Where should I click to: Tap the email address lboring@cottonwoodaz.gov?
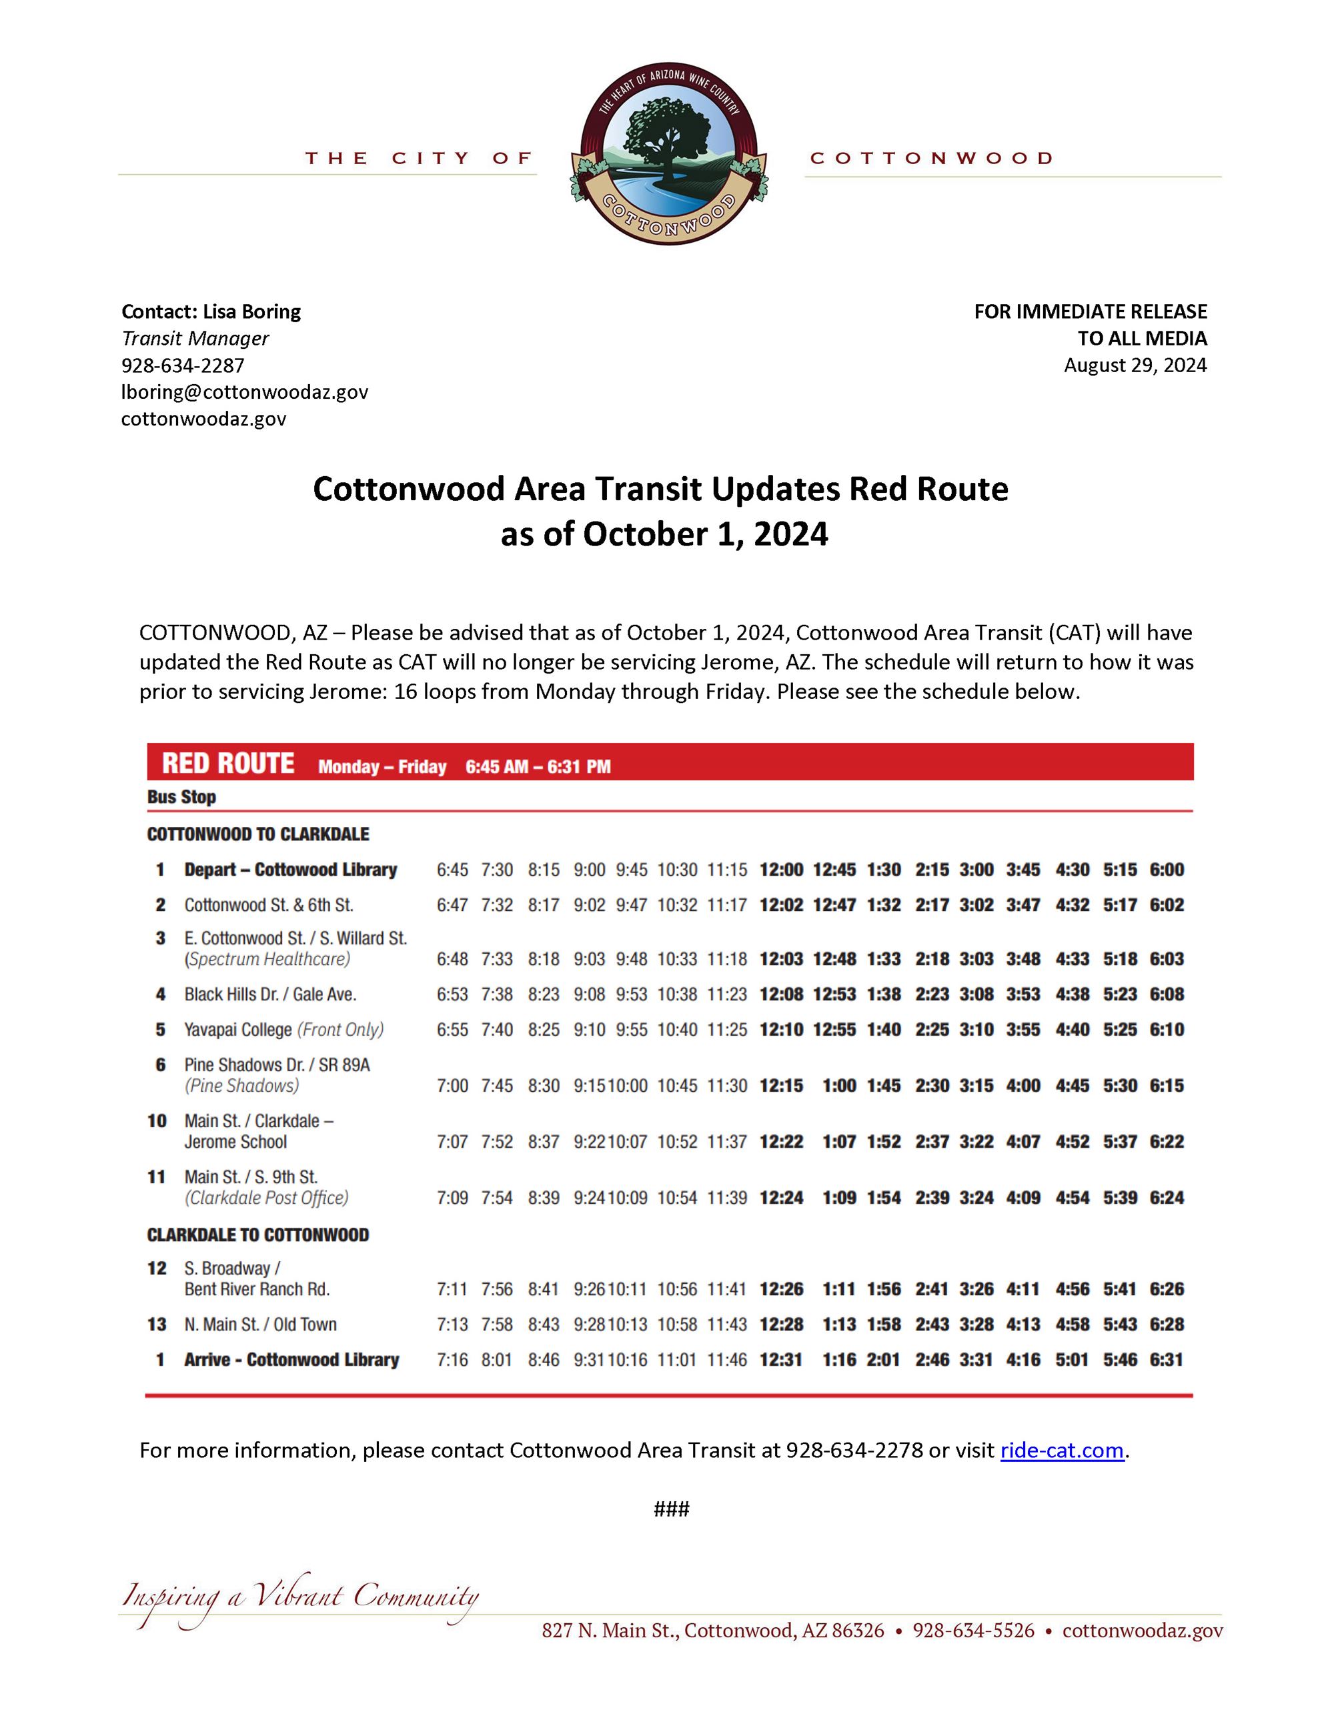[245, 392]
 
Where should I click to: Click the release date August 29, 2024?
[1135, 365]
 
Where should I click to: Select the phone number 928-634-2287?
[183, 365]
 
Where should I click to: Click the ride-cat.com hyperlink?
[1061, 1451]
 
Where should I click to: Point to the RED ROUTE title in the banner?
[228, 764]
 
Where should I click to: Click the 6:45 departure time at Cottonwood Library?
[452, 870]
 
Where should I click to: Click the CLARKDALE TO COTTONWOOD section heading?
[258, 1235]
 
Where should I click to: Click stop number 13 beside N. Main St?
[157, 1325]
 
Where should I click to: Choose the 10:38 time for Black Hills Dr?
[676, 995]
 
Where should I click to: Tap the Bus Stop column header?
[182, 797]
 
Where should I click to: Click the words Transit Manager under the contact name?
[195, 339]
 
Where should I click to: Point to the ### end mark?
[671, 1509]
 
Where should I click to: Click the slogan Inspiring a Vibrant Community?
[300, 1597]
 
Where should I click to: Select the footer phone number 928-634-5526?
[973, 1631]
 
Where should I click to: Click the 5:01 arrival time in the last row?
[1072, 1360]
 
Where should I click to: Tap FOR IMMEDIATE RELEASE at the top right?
[1090, 312]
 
